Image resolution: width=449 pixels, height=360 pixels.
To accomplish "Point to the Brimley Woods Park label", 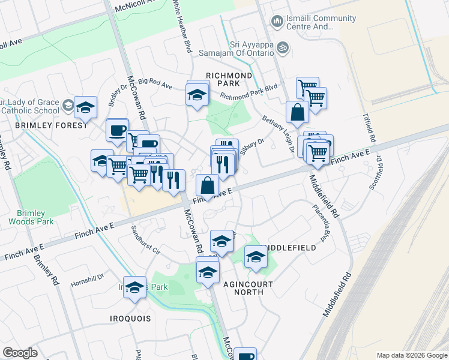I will pyautogui.click(x=30, y=217).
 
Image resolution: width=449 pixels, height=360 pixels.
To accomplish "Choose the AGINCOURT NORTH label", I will pyautogui.click(x=249, y=288).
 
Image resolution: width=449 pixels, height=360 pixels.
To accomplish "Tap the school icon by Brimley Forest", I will pyautogui.click(x=85, y=107).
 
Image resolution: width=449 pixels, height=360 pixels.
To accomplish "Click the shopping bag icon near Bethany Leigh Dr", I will pyautogui.click(x=297, y=111).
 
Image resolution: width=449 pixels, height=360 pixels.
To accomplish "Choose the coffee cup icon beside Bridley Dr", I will pyautogui.click(x=117, y=130).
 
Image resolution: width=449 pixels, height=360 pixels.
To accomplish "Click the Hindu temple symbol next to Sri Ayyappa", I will pyautogui.click(x=285, y=45).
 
